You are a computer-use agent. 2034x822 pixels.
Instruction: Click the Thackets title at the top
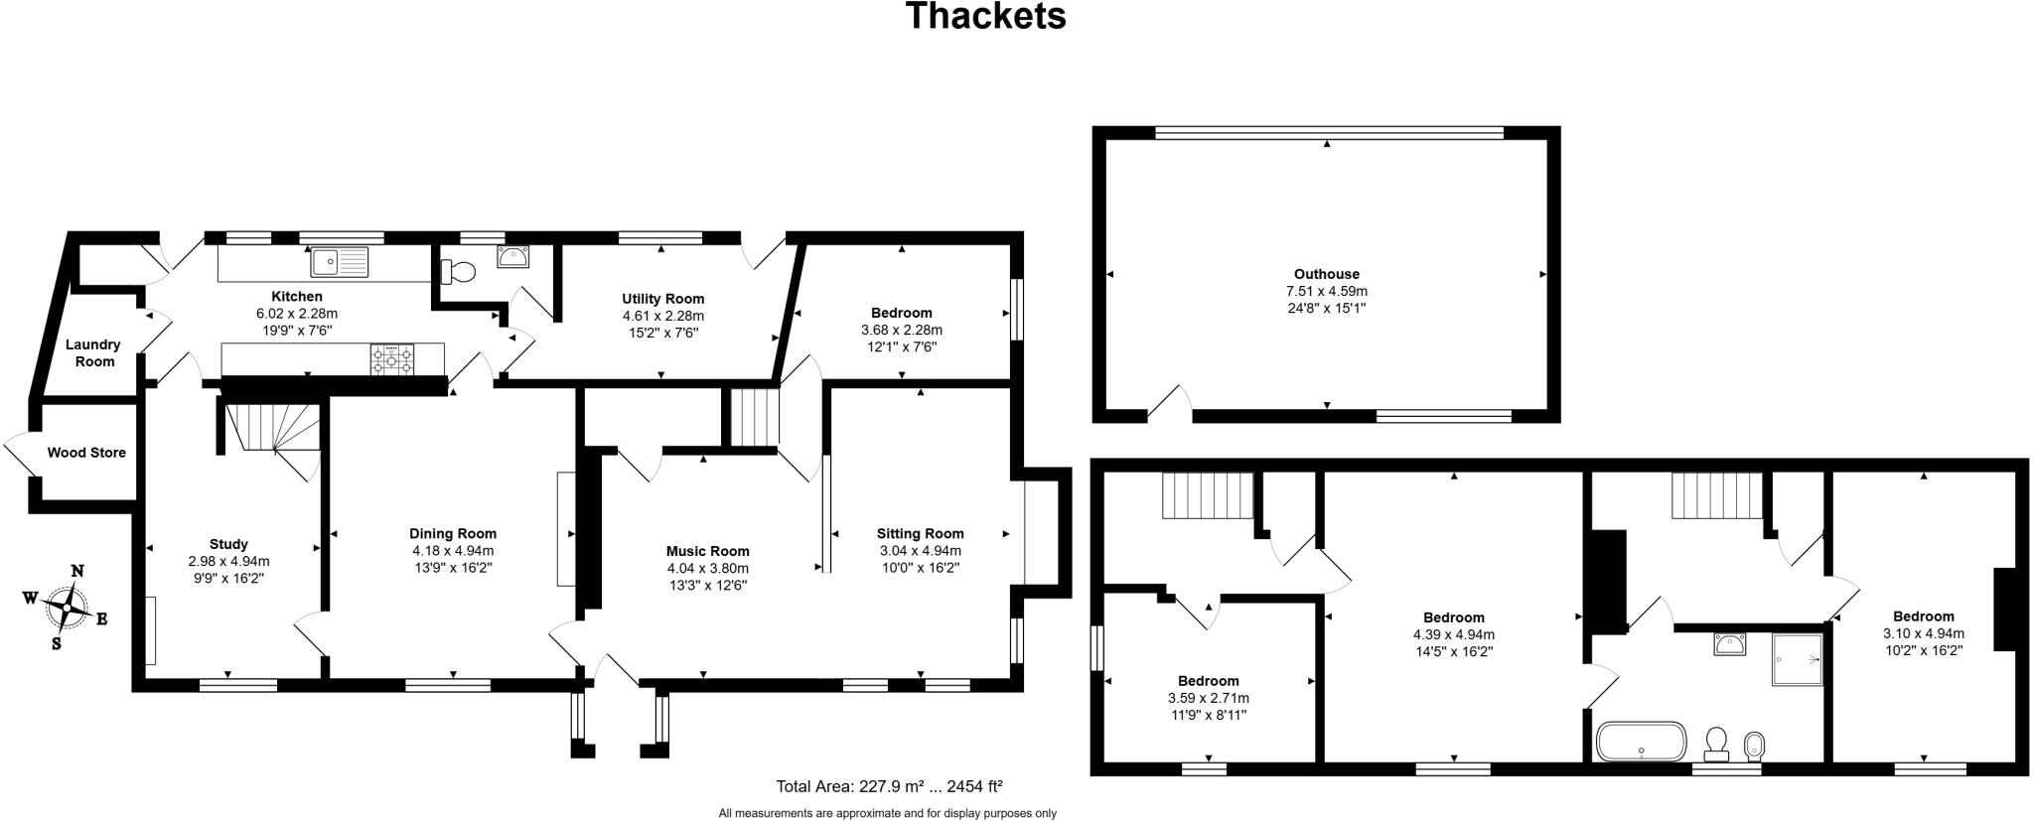985,17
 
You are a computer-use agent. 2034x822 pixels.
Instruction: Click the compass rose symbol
67,606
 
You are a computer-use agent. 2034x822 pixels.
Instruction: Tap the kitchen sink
339,261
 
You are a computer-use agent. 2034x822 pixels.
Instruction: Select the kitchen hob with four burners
393,359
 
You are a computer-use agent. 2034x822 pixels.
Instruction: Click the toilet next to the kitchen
458,270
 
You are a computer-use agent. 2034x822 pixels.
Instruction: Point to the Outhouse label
1326,274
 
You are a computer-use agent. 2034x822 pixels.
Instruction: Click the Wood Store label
86,453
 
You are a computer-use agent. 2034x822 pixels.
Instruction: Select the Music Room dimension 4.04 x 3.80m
707,569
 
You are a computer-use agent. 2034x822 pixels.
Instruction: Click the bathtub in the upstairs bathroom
1641,742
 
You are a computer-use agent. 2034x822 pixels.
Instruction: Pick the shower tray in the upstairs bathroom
1797,660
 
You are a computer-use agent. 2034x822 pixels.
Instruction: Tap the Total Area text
889,786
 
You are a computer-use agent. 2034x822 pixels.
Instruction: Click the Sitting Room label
920,533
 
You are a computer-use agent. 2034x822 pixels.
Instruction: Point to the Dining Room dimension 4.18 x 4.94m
453,551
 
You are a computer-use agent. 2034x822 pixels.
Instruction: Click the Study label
228,544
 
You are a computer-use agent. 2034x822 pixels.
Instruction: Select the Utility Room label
662,299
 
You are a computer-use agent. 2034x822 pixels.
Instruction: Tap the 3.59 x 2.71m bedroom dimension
1208,698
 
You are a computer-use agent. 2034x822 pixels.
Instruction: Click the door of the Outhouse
1170,402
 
